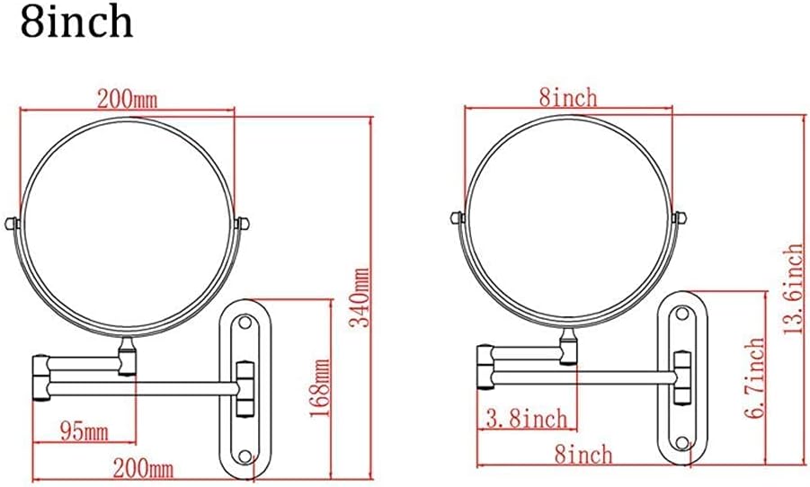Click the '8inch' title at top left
[x=77, y=22]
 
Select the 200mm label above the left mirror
[x=127, y=98]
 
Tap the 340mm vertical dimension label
[x=360, y=297]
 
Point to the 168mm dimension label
[x=319, y=389]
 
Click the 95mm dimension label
[x=85, y=430]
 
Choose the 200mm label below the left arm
[x=144, y=469]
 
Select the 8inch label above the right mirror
[x=568, y=97]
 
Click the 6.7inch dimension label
[x=754, y=377]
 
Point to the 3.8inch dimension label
[x=527, y=418]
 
